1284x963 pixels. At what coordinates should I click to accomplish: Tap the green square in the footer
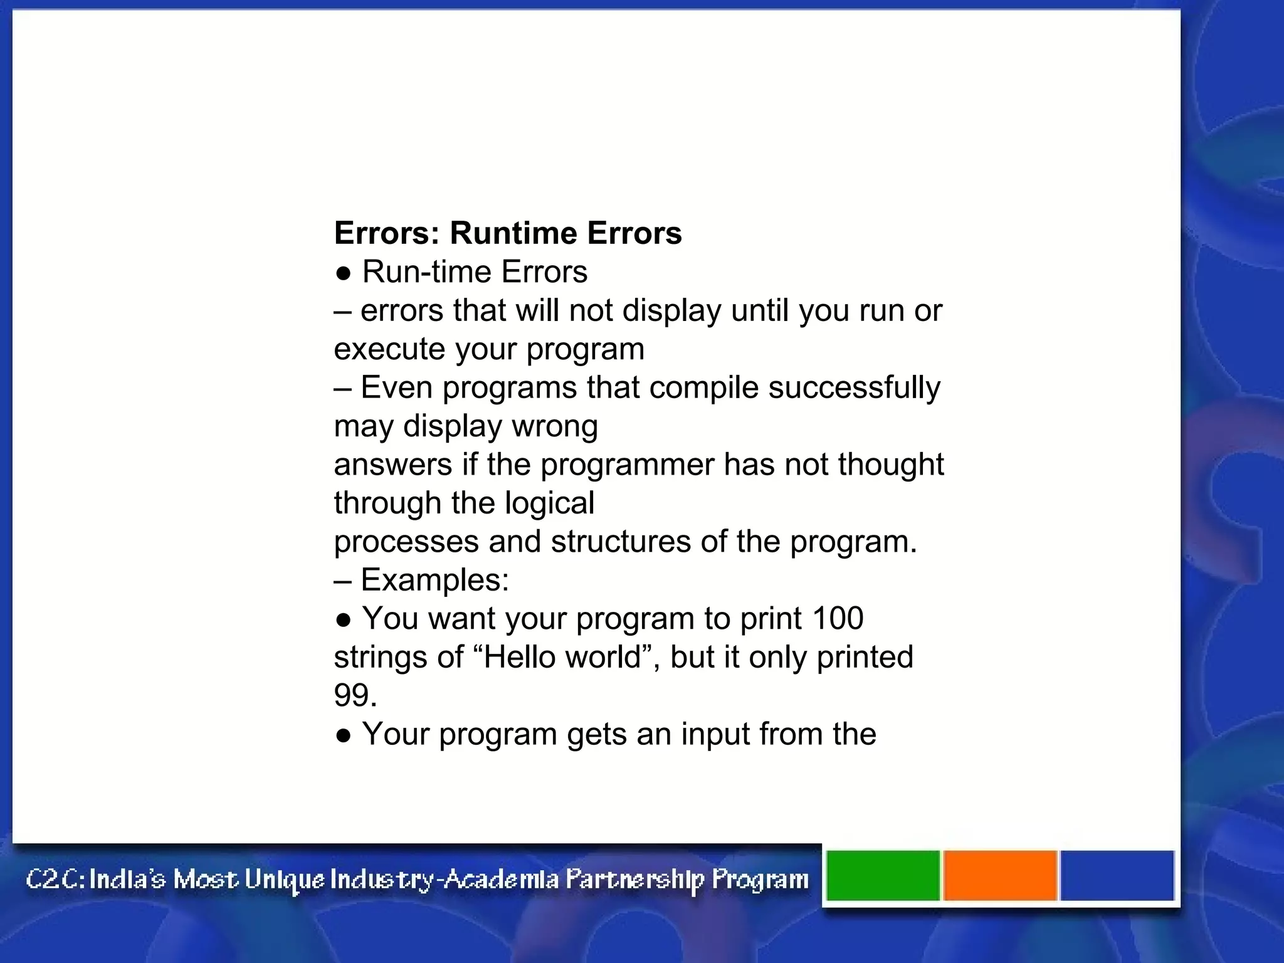883,876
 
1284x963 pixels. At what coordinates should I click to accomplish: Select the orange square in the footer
1000,876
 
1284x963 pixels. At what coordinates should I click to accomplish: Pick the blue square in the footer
1117,876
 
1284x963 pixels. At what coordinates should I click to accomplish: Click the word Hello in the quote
520,657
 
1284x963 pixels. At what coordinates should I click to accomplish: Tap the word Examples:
434,580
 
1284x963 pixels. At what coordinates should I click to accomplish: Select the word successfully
854,387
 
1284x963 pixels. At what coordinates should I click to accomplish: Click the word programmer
627,465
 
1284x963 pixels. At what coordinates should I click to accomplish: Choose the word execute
389,349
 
